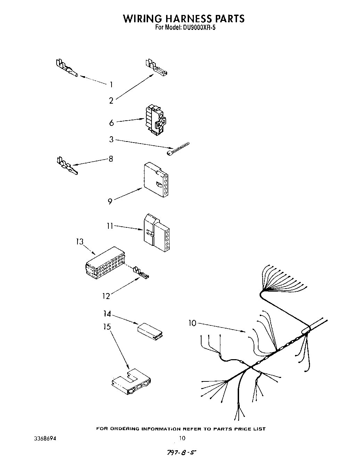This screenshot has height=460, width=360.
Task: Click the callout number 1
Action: point(111,84)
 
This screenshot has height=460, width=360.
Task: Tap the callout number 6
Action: point(111,123)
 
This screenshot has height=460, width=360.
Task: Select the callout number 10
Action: point(192,323)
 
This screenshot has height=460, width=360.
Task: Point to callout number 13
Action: point(80,241)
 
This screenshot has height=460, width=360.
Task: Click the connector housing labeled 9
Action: point(156,179)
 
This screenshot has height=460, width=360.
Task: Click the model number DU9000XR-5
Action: point(197,28)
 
